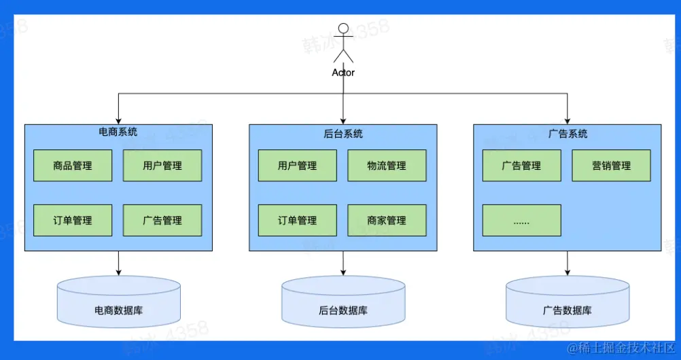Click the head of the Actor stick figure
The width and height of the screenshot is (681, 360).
[x=343, y=29]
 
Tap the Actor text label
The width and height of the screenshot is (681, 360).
[x=343, y=73]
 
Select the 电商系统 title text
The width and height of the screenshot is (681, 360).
[x=118, y=132]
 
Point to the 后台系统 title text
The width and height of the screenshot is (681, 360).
[x=343, y=134]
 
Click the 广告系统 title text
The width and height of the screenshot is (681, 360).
[x=567, y=134]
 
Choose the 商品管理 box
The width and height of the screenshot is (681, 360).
[x=73, y=166]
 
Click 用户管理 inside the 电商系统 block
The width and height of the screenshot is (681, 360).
[x=162, y=166]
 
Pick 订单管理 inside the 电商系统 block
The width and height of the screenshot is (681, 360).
[x=73, y=220]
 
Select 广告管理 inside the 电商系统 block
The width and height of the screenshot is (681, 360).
[x=162, y=220]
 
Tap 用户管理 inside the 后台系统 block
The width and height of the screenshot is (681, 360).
[x=298, y=166]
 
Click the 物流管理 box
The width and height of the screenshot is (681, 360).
[x=387, y=166]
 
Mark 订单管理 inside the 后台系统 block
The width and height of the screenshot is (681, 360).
[x=298, y=220]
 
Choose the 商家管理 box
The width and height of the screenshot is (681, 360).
[x=387, y=220]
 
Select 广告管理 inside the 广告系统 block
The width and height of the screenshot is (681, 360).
[x=521, y=166]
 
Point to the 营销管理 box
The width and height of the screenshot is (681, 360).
[x=612, y=166]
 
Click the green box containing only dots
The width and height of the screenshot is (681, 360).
[x=521, y=220]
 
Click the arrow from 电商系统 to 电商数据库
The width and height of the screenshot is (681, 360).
[x=118, y=263]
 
